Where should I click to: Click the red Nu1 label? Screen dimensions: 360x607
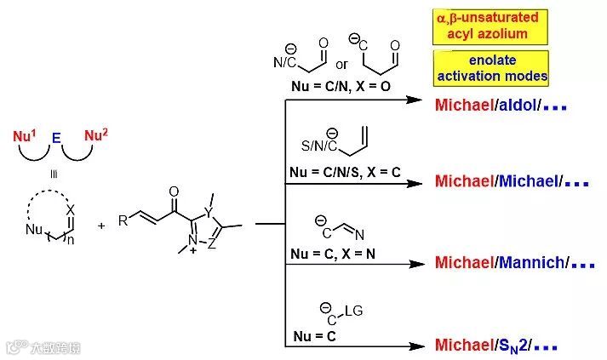tap(27, 135)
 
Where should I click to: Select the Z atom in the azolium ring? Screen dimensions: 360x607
tap(211, 248)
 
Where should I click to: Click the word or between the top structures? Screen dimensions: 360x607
tap(341, 65)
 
